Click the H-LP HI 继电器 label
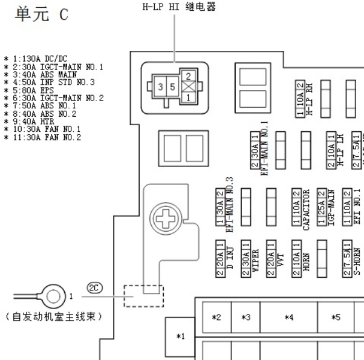pyautogui.click(x=176, y=7)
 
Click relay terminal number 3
pyautogui.click(x=160, y=87)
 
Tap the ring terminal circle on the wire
pyautogui.click(x=55, y=296)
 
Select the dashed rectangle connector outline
pyautogui.click(x=143, y=296)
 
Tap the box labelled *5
pyautogui.click(x=336, y=316)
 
